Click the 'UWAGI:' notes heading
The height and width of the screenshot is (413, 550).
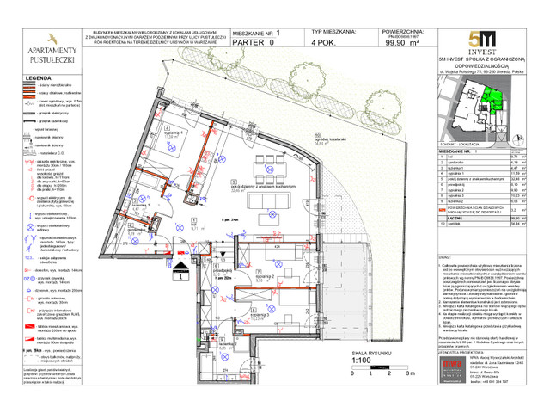coord(445,256)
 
